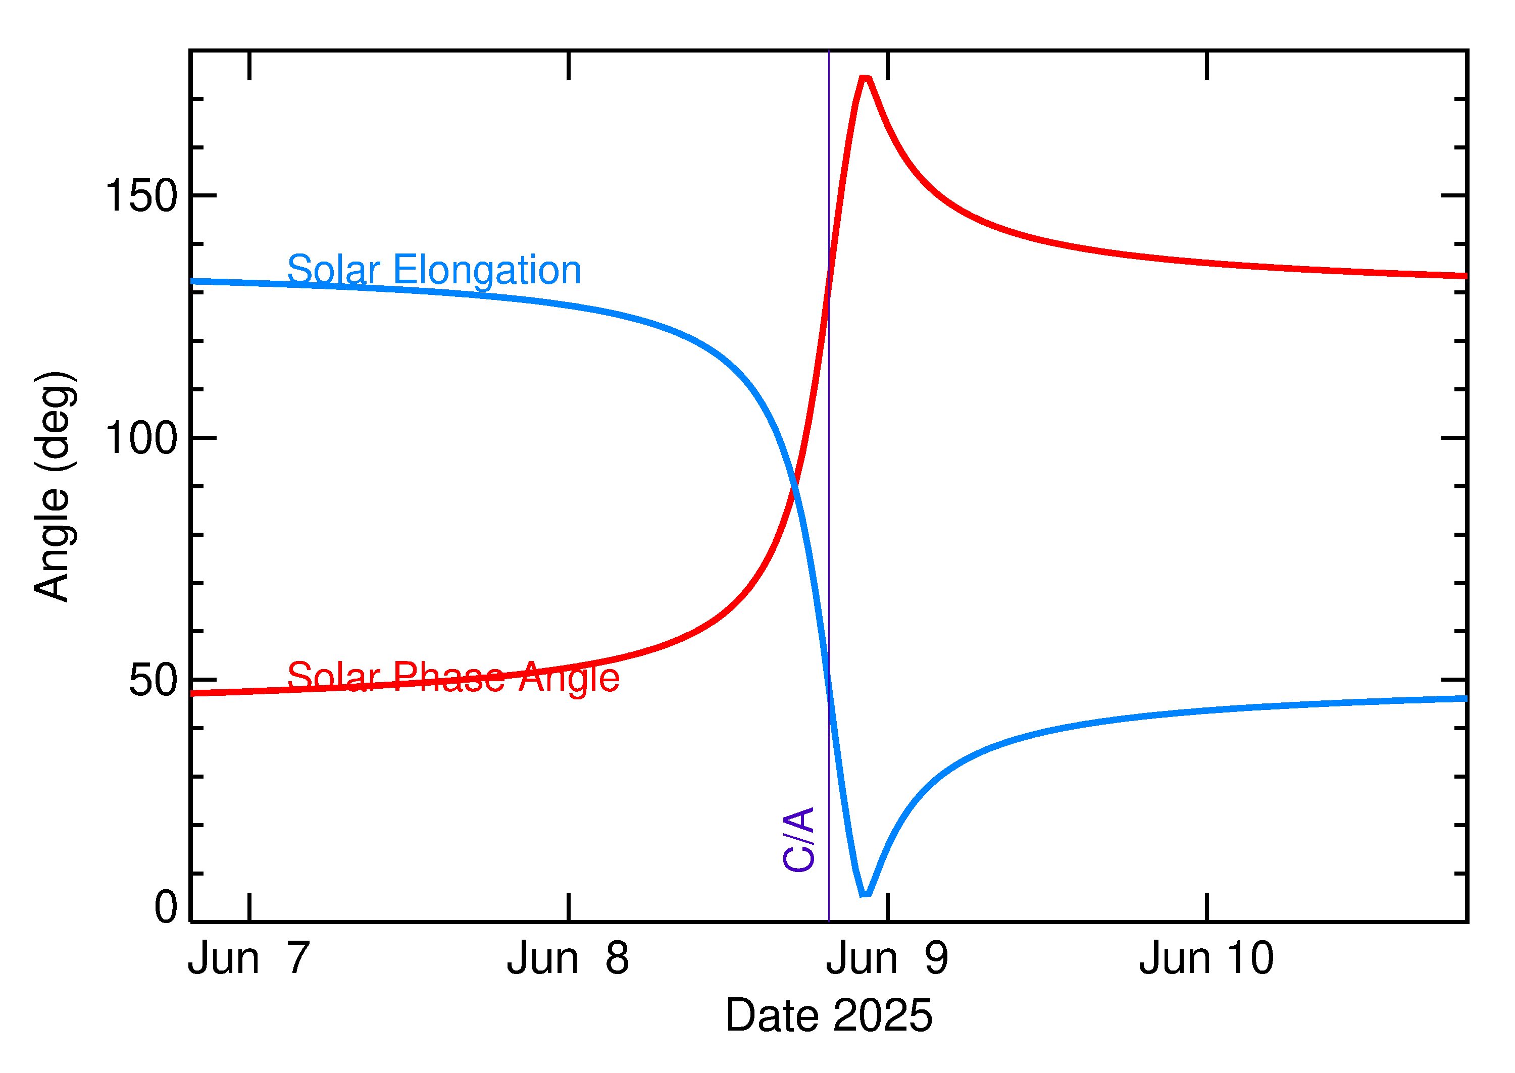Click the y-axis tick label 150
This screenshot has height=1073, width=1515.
pos(141,196)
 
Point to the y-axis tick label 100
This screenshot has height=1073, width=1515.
pos(141,438)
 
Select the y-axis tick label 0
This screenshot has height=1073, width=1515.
pos(166,907)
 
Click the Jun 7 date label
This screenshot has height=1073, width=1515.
pos(249,959)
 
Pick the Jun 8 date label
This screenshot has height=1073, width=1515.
pos(568,959)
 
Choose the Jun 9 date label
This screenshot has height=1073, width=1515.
pos(887,959)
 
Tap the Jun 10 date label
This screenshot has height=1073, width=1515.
pos(1206,959)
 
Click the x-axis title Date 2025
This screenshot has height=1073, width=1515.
pos(829,1015)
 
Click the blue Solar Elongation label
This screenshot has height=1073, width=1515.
pos(434,270)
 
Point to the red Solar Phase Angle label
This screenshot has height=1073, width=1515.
pos(453,678)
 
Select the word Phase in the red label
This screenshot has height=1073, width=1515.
pos(449,678)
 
